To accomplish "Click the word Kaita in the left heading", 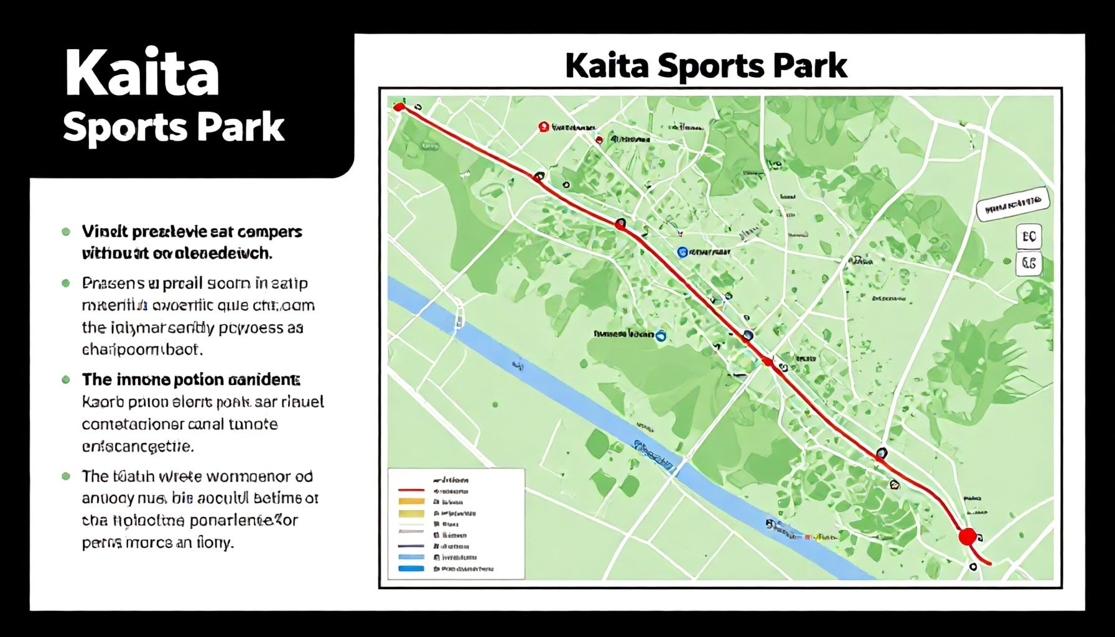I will coord(142,73).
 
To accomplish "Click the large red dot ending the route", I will coord(967,536).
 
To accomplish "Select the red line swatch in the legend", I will coord(411,490).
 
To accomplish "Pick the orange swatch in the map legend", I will coord(411,501).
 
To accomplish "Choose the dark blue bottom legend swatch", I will coord(411,569).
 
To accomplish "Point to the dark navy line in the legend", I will coord(411,546).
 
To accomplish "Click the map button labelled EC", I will coord(1029,237).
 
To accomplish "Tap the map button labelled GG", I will coord(1029,264).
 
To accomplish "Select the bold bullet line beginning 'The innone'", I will coord(190,379).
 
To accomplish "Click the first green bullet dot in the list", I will coord(66,232).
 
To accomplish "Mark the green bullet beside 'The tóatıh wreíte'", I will coord(66,477).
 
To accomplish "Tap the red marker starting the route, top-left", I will coord(399,107).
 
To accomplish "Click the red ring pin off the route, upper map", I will coord(544,127).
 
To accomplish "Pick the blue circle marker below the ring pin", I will coord(682,252).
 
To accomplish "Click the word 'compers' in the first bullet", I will coord(270,232).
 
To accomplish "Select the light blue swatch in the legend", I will coord(411,557).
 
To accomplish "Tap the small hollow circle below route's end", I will coord(973,567).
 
